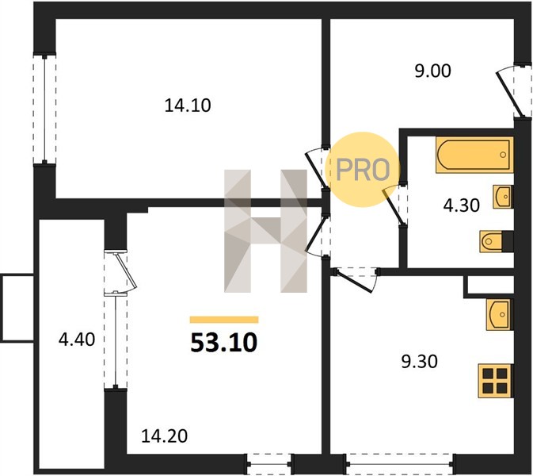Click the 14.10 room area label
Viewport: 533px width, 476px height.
(x=188, y=106)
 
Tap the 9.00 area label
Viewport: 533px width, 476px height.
(x=432, y=71)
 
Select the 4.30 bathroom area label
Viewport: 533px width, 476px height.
(x=462, y=205)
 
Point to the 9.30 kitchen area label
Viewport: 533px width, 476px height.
(x=420, y=361)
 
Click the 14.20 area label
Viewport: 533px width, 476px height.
(x=164, y=436)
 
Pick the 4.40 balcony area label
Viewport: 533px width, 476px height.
(x=77, y=340)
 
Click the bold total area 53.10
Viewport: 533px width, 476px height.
(x=223, y=343)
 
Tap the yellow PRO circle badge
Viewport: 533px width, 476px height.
(x=363, y=169)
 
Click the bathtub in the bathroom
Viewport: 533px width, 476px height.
(x=474, y=155)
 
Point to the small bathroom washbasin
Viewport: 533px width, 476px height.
(x=502, y=197)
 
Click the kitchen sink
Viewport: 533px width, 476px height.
(x=499, y=315)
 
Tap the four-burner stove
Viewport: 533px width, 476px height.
(x=495, y=381)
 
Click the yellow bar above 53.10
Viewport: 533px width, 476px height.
(x=224, y=320)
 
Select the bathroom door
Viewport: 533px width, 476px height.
(x=394, y=205)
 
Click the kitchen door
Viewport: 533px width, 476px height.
(x=356, y=280)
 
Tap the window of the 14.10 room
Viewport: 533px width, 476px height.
(x=44, y=109)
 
